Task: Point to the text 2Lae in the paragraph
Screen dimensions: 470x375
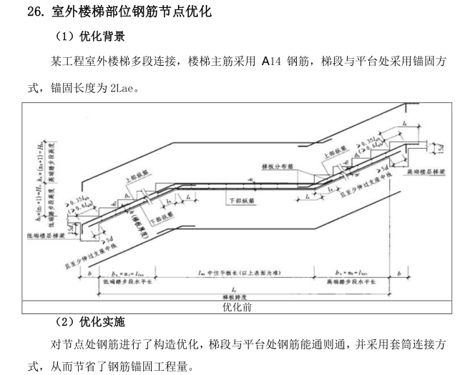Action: click(124, 89)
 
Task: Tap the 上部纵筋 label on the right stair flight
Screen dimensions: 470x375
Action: click(333, 152)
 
